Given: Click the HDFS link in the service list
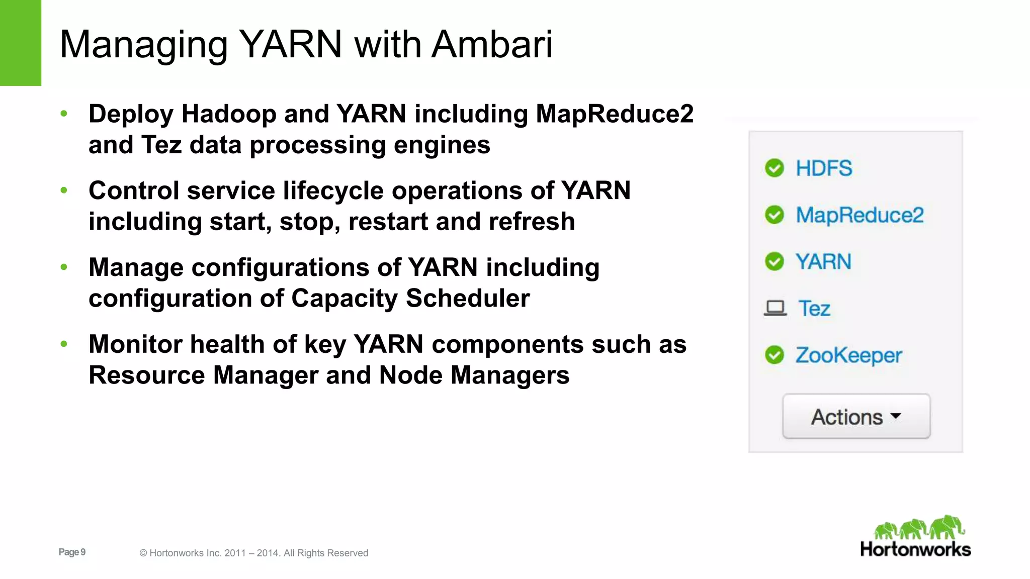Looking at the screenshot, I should (x=824, y=168).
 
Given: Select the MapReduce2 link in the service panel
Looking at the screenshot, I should (x=860, y=215).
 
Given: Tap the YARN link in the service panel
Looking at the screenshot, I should (x=823, y=262).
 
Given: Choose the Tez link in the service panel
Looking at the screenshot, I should (x=814, y=309).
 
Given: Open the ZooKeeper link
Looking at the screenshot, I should (x=848, y=355).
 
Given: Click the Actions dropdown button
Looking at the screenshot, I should (x=856, y=417).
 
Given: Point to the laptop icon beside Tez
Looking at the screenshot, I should (x=775, y=308).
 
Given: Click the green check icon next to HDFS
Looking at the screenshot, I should (x=775, y=168).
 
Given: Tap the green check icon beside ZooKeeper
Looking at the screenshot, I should (x=775, y=355).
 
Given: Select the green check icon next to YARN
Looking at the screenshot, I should (x=775, y=262).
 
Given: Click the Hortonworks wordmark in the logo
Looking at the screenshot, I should (x=915, y=549).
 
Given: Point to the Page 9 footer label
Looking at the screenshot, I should (x=72, y=552).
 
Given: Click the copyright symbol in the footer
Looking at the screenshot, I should (x=143, y=553).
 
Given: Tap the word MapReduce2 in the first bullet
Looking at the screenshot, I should (x=615, y=114).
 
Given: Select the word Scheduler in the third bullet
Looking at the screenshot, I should (x=468, y=299).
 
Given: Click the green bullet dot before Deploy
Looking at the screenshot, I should (x=64, y=114).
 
